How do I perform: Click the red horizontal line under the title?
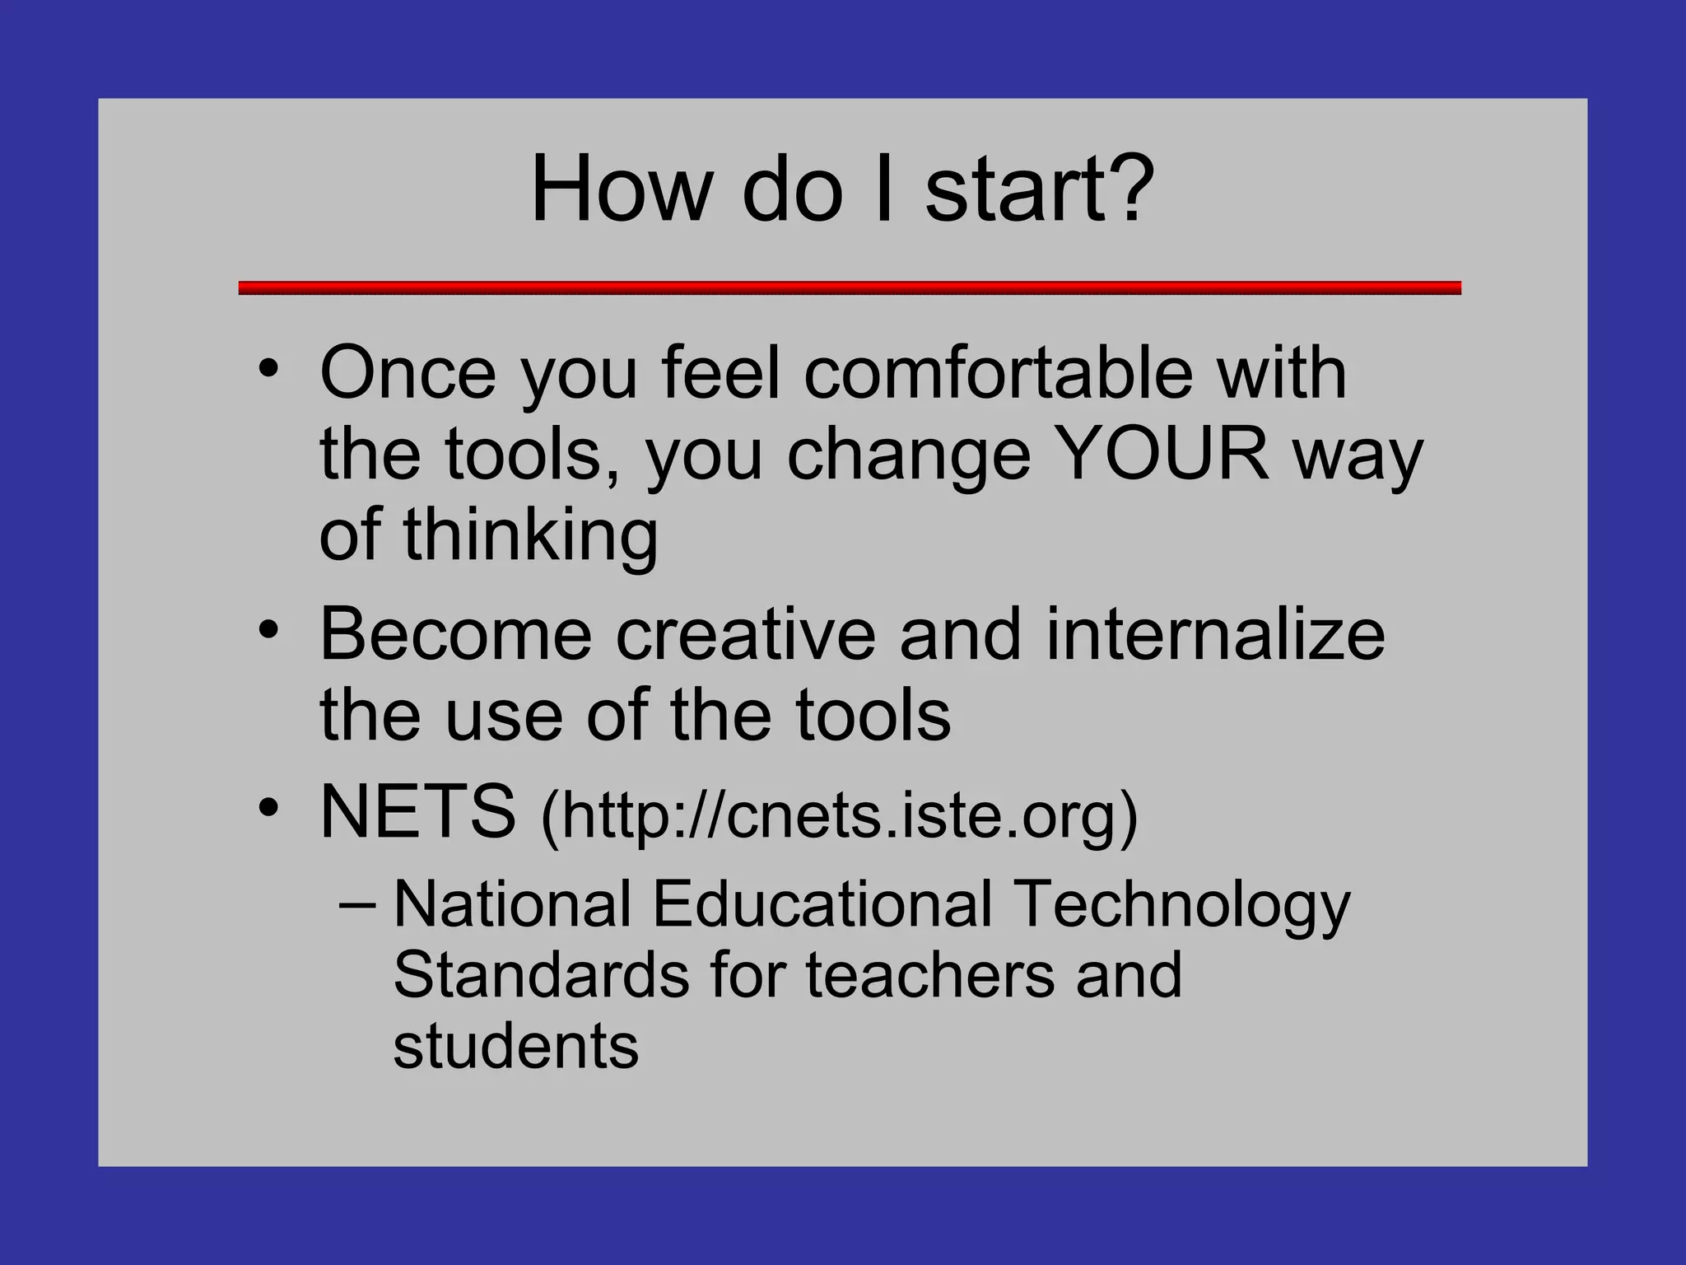[x=849, y=287]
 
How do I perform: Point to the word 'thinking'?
[x=530, y=534]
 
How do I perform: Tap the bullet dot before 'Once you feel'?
[x=268, y=368]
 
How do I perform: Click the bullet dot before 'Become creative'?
[x=268, y=630]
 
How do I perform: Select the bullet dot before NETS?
[x=268, y=808]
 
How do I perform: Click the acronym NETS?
[x=417, y=812]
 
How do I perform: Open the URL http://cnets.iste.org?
[x=839, y=815]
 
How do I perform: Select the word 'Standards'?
[x=541, y=976]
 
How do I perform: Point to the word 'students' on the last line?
[x=515, y=1047]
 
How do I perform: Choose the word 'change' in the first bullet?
[x=909, y=455]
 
